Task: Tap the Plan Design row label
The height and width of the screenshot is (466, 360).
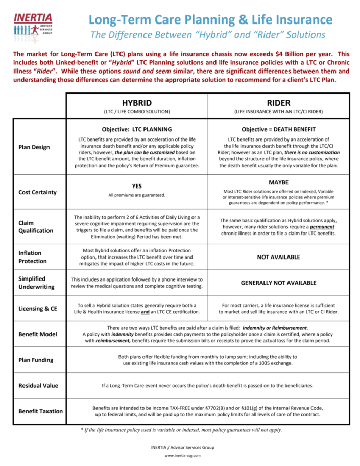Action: [x=34, y=147]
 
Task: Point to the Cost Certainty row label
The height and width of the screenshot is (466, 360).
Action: [x=37, y=192]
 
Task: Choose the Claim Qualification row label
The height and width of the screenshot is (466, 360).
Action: [x=35, y=226]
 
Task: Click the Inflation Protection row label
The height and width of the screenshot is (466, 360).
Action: [x=32, y=257]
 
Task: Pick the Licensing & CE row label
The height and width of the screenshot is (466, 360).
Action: [x=37, y=309]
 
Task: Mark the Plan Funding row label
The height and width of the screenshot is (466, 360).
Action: [x=35, y=360]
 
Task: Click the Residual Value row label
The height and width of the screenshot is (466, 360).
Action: [x=37, y=385]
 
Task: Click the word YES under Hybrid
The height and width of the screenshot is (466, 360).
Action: [x=137, y=186]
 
